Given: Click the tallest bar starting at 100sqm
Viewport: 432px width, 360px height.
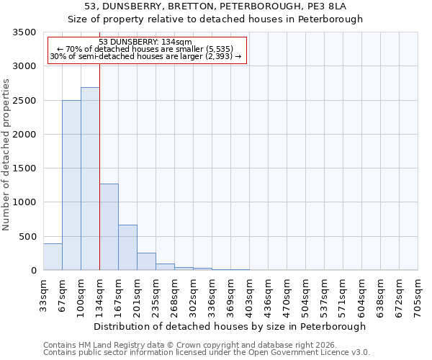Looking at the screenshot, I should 90,179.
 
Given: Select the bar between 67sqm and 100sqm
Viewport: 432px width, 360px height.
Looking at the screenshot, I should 71,185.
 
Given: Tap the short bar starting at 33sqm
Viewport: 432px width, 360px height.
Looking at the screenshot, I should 53,257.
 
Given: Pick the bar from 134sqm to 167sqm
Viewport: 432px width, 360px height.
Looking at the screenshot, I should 109,227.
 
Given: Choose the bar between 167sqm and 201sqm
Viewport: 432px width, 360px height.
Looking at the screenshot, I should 127,248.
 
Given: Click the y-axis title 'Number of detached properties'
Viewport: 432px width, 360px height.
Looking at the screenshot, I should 6,156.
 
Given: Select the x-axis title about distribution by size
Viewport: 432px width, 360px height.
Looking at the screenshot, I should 230,326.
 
